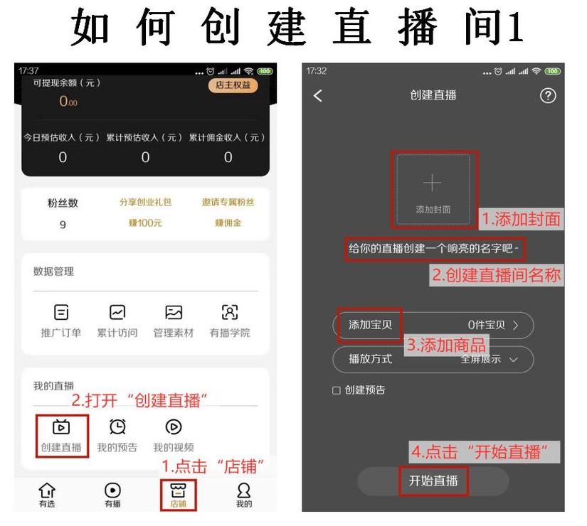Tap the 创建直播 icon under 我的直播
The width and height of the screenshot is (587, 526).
pos(61,426)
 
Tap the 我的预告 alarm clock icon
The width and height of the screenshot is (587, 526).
pos(117,426)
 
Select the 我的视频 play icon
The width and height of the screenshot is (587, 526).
pos(173,426)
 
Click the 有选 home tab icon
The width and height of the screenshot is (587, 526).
pos(47,490)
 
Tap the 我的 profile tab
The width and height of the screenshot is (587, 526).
pos(243,490)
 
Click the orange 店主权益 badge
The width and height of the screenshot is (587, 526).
pos(233,85)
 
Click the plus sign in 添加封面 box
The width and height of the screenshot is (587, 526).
pos(433,183)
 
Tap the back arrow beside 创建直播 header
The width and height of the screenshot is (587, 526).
pos(318,96)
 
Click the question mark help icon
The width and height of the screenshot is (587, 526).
pos(548,96)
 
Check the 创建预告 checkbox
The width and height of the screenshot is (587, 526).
pos(337,390)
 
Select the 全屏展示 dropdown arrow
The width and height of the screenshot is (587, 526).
pos(513,360)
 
